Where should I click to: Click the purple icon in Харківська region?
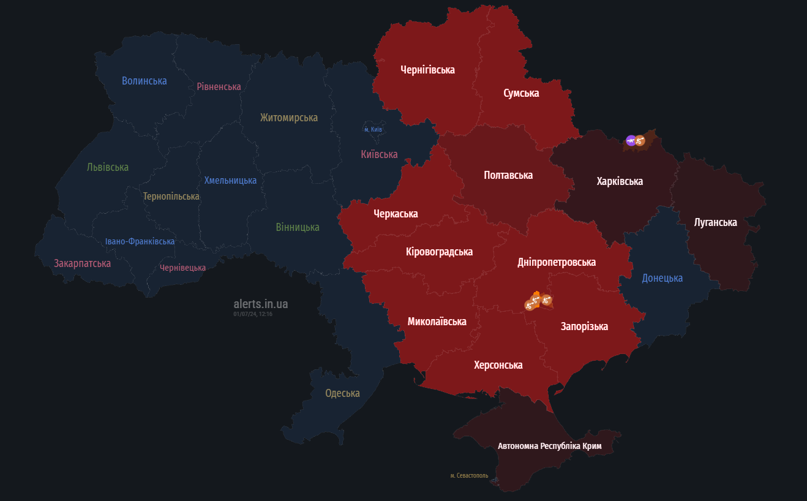pyautogui.click(x=631, y=141)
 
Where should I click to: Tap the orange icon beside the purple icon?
pyautogui.click(x=640, y=141)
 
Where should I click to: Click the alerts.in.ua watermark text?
pyautogui.click(x=260, y=304)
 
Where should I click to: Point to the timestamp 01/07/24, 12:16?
pyautogui.click(x=252, y=314)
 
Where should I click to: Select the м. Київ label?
pyautogui.click(x=373, y=129)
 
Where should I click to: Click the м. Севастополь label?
pyautogui.click(x=469, y=475)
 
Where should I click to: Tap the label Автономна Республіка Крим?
pyautogui.click(x=549, y=446)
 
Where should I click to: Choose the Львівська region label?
pyautogui.click(x=108, y=167)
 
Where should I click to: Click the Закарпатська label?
pyautogui.click(x=82, y=263)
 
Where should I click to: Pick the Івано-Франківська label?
pyautogui.click(x=140, y=241)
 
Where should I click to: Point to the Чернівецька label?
pyautogui.click(x=182, y=268)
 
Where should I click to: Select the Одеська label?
pyautogui.click(x=342, y=393)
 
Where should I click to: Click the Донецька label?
pyautogui.click(x=662, y=278)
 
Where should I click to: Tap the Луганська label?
pyautogui.click(x=715, y=222)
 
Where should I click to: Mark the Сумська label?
pyautogui.click(x=521, y=93)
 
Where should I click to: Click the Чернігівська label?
pyautogui.click(x=427, y=70)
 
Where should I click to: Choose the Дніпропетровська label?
pyautogui.click(x=556, y=262)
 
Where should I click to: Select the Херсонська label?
pyautogui.click(x=498, y=365)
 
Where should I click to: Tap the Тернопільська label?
pyautogui.click(x=171, y=197)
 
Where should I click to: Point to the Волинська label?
pyautogui.click(x=144, y=81)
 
